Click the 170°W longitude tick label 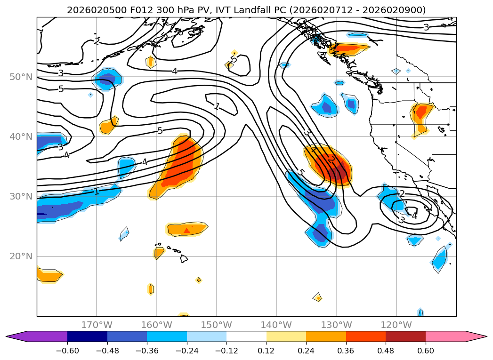pos(97,325)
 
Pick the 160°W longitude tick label pos(156,325)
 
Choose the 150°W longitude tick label pos(217,325)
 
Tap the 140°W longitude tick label pos(276,325)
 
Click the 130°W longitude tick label pos(336,325)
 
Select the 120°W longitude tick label pos(396,325)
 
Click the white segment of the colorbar pos(246,336)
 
